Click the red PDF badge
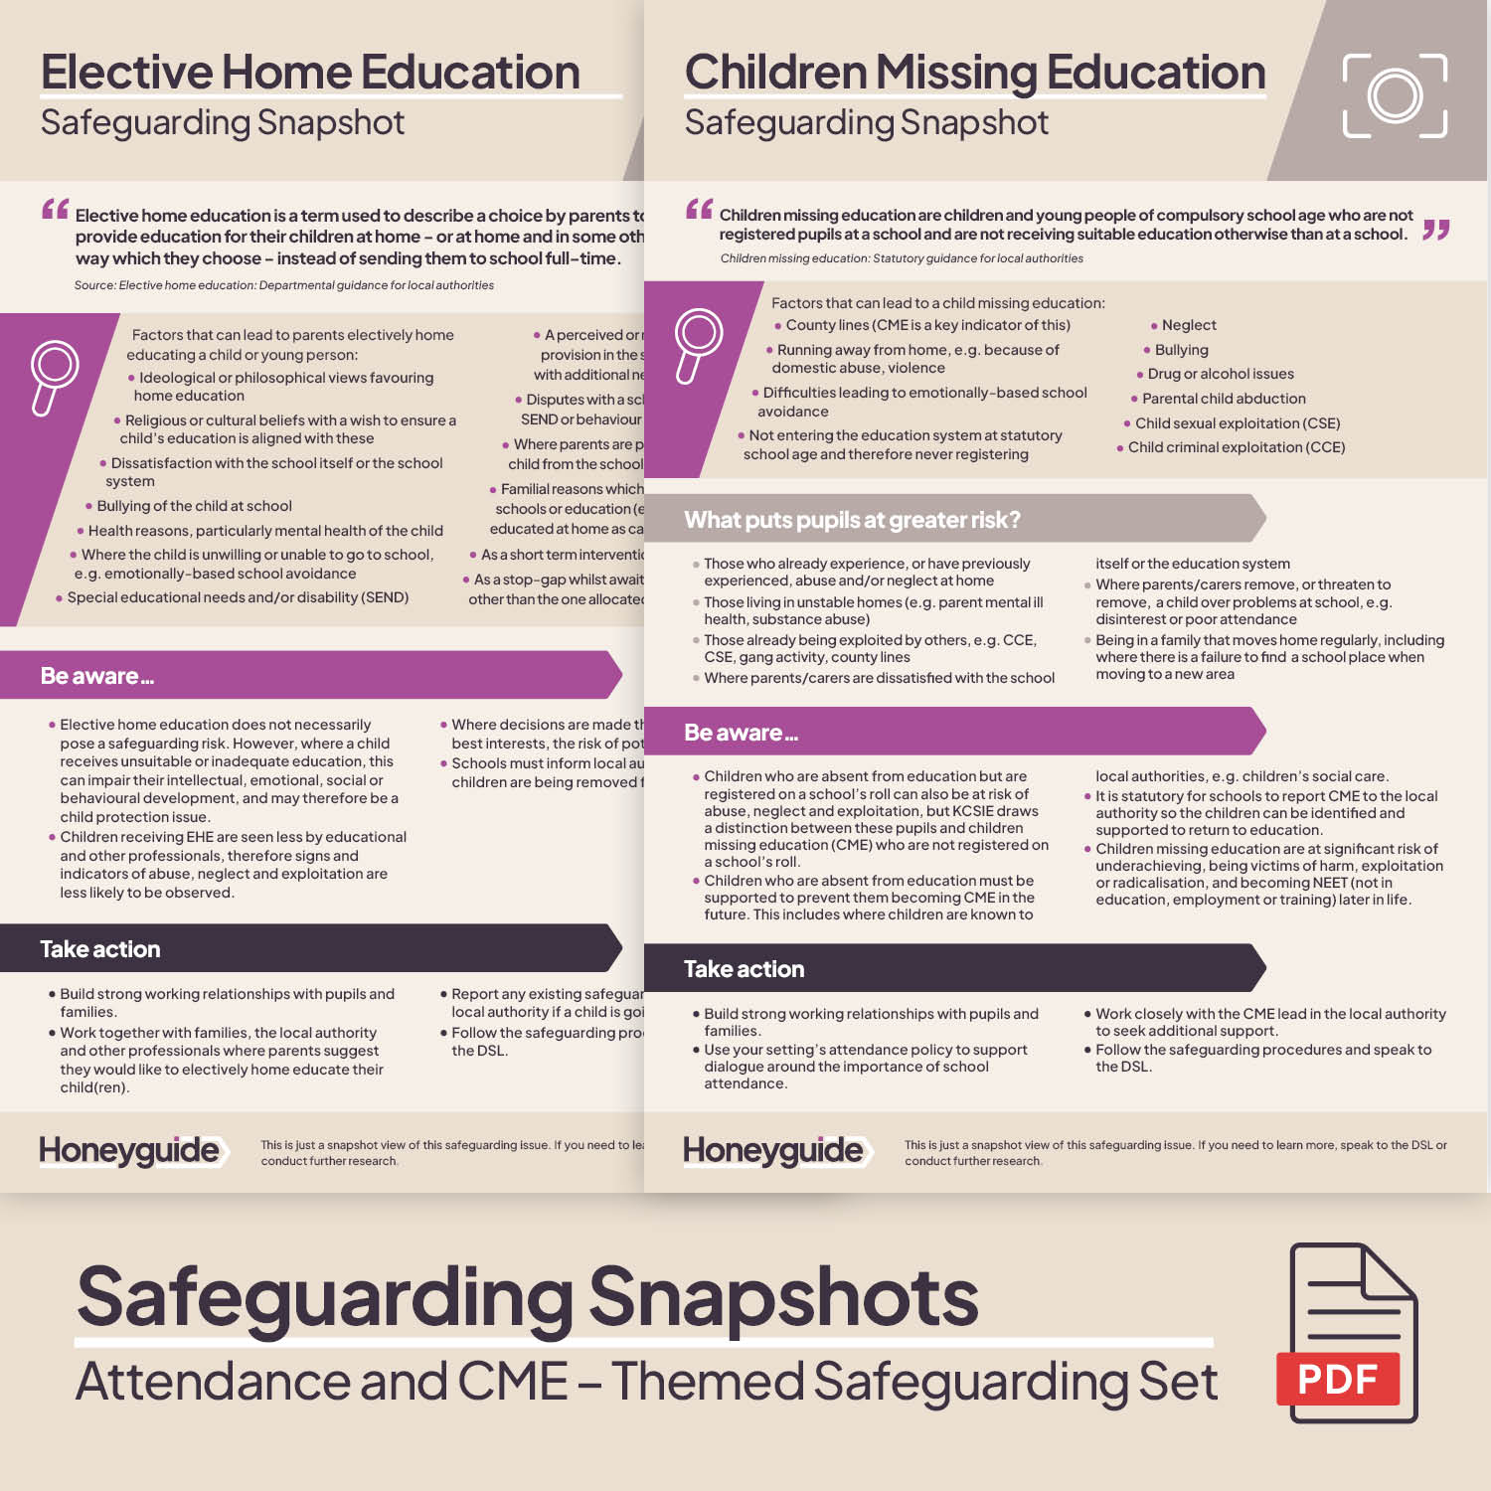[x=1337, y=1379]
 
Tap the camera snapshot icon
[x=1395, y=95]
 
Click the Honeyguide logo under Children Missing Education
[x=773, y=1150]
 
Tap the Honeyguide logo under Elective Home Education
[x=129, y=1150]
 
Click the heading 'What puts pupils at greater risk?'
[x=852, y=520]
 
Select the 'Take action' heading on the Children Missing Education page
[x=744, y=969]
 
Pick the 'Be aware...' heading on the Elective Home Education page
[x=96, y=676]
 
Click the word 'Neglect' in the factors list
[x=1189, y=325]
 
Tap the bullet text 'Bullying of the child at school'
[x=194, y=506]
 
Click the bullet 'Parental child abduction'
[x=1224, y=399]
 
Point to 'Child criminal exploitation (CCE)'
[x=1236, y=447]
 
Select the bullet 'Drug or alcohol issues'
[x=1221, y=374]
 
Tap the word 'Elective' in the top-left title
[x=126, y=73]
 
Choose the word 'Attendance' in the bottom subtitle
[x=211, y=1382]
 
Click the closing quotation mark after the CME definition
[x=1435, y=231]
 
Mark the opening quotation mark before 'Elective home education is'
[x=56, y=210]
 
